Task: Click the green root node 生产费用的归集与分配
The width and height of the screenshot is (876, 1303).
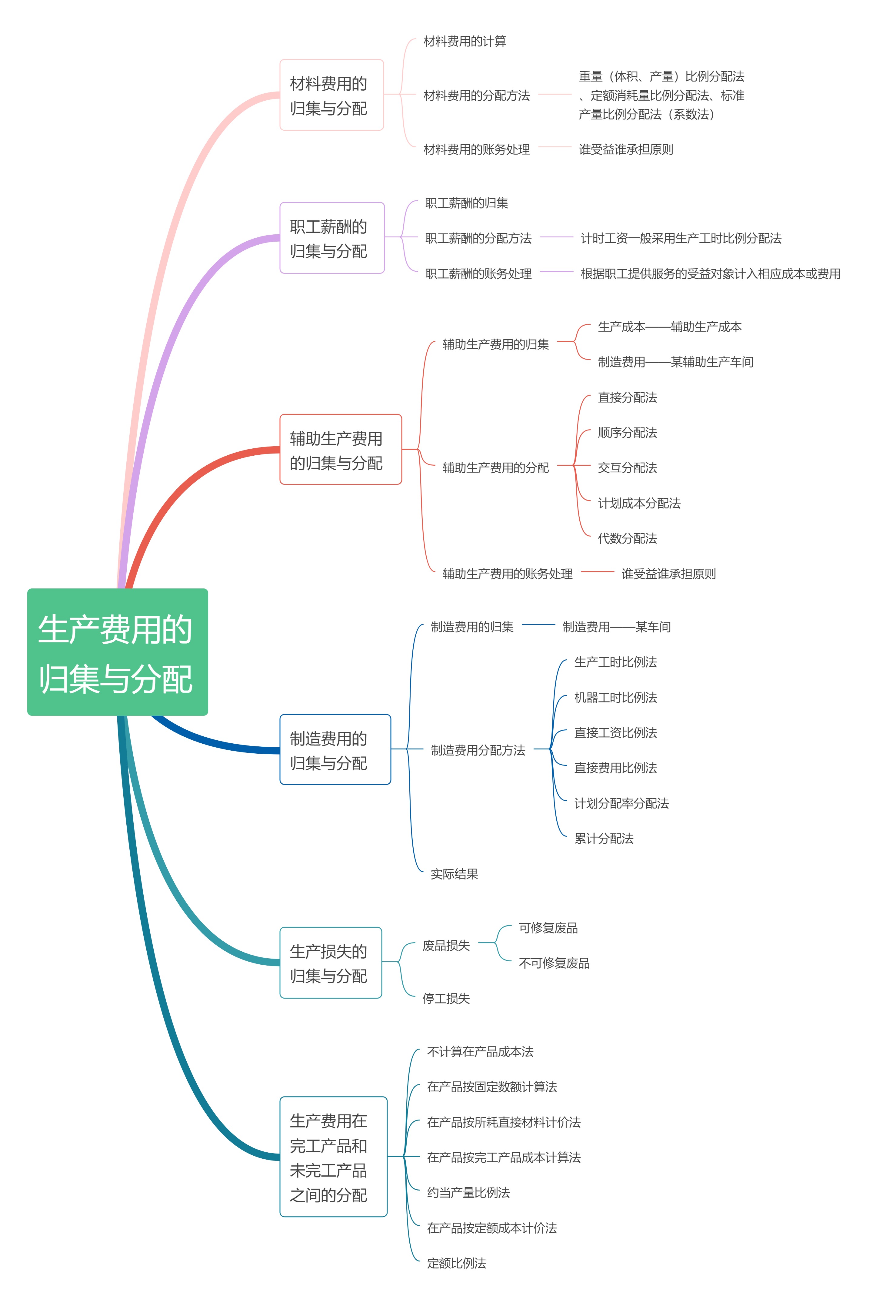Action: coord(117,652)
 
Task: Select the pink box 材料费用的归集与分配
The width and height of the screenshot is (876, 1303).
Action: coord(331,95)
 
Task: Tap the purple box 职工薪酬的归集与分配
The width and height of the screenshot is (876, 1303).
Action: coord(332,238)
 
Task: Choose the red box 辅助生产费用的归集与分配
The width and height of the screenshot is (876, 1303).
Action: coord(340,449)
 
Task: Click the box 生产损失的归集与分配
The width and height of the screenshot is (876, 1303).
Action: coord(330,963)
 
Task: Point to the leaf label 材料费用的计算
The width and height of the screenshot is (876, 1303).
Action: coord(465,41)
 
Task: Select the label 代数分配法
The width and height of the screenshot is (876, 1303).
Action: coord(628,538)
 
